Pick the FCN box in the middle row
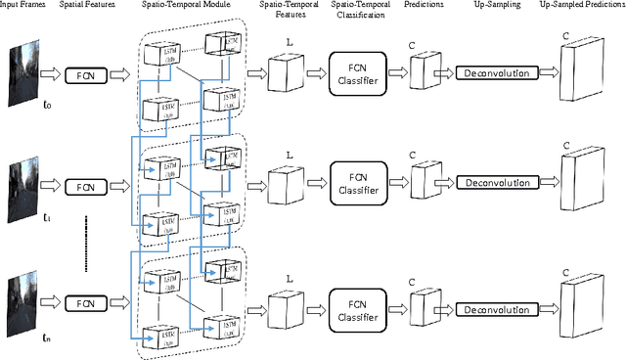(x=85, y=183)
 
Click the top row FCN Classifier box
(x=356, y=72)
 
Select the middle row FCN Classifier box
(x=356, y=183)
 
